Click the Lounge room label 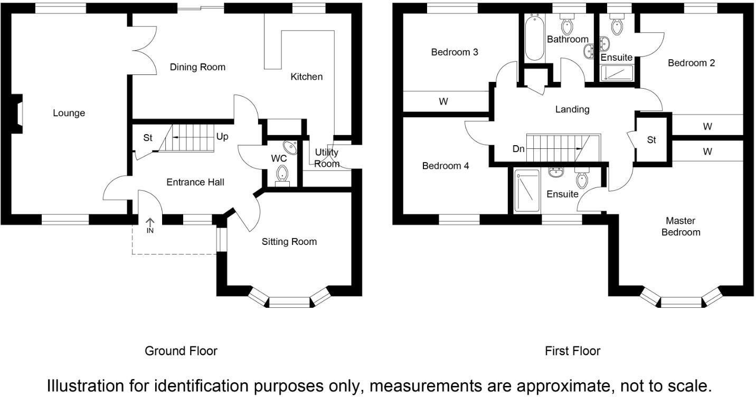pyautogui.click(x=69, y=113)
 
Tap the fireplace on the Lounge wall pyautogui.click(x=18, y=112)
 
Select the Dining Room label pyautogui.click(x=197, y=67)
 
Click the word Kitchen pyautogui.click(x=306, y=77)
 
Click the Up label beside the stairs pyautogui.click(x=222, y=136)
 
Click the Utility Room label pyautogui.click(x=326, y=158)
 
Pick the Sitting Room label pyautogui.click(x=289, y=242)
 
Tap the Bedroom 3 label pyautogui.click(x=455, y=52)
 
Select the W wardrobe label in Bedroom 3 pyautogui.click(x=443, y=101)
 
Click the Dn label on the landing pyautogui.click(x=518, y=149)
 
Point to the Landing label pyautogui.click(x=572, y=109)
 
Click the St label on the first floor pyautogui.click(x=651, y=140)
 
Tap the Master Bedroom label pyautogui.click(x=681, y=226)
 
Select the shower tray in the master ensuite pyautogui.click(x=526, y=191)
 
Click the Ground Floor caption pyautogui.click(x=181, y=351)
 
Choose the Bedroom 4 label pyautogui.click(x=446, y=166)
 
